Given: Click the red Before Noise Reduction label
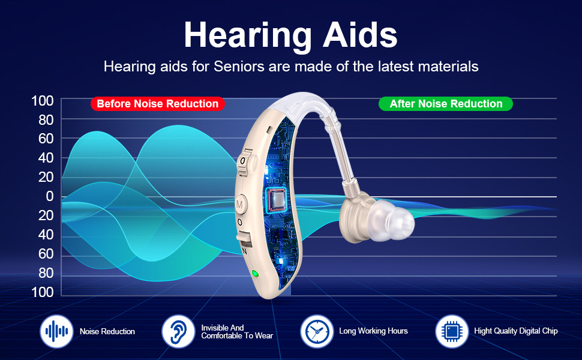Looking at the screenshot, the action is click(x=158, y=104).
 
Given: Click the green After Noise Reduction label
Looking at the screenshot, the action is click(x=446, y=104).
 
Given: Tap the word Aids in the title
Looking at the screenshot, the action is click(x=360, y=35).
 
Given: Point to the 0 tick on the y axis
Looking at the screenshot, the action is click(x=50, y=196).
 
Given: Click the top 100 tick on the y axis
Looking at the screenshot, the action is click(x=43, y=101).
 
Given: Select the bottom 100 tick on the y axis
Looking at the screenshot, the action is click(x=43, y=292).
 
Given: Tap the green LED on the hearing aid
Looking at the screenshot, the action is click(x=255, y=274).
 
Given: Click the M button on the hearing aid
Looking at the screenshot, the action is click(x=241, y=205).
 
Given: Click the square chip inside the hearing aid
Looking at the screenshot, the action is click(x=276, y=199).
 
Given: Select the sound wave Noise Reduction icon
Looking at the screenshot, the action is click(x=56, y=331).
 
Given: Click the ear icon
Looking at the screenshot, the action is click(x=178, y=331).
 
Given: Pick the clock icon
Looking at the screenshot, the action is click(x=317, y=331).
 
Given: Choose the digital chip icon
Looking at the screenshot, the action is click(x=452, y=331).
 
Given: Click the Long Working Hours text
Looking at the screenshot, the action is click(x=373, y=331).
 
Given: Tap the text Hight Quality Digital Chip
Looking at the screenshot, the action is click(x=516, y=331).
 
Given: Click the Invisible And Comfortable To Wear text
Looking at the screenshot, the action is click(x=237, y=332).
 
